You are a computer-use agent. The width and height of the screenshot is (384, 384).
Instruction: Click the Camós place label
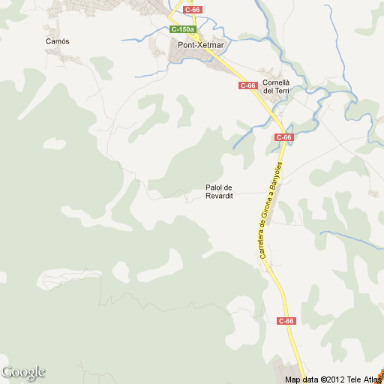click(57, 41)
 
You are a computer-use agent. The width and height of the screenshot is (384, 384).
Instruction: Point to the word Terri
click(281, 91)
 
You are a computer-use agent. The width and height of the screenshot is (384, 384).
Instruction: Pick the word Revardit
click(220, 196)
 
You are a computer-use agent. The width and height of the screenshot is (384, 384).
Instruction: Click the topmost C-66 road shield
click(193, 9)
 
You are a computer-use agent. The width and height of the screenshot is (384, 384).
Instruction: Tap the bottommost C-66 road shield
click(286, 321)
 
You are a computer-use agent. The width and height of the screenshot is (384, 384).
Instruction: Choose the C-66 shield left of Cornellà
click(248, 85)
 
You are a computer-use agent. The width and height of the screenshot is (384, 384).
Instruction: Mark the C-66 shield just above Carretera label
click(283, 137)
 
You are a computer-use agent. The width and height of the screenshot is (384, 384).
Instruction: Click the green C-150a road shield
click(182, 29)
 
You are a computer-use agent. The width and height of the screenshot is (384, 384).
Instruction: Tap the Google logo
click(22, 372)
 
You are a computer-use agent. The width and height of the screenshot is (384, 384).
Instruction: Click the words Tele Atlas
click(367, 379)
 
